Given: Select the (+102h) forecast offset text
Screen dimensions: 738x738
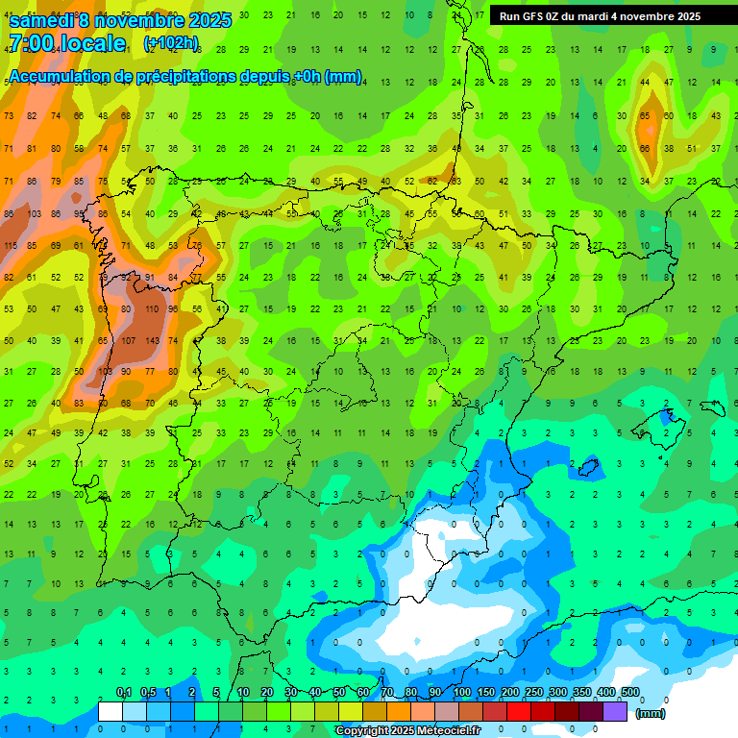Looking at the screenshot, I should click(171, 43).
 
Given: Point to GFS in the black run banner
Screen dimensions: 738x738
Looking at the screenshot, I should click(539, 16).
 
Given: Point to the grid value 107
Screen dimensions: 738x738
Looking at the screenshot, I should click(126, 340).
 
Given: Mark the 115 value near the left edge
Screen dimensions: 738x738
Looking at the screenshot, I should click(10, 246).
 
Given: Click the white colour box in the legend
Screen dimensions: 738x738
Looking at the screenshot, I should click(111, 712).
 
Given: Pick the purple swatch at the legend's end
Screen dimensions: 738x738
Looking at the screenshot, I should click(615, 712).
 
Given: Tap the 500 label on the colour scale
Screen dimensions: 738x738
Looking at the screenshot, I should click(630, 693).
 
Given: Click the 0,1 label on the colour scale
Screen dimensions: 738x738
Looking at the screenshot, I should click(124, 693).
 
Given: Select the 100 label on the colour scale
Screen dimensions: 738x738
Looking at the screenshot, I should click(462, 693).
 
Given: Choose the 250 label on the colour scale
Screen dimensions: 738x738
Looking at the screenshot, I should click(534, 693).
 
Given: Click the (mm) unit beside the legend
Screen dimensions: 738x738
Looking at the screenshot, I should click(651, 713).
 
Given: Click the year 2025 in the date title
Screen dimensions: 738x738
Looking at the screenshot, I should click(197, 20).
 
